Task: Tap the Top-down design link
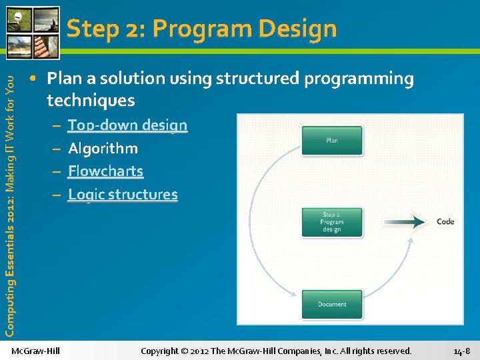pos(127,125)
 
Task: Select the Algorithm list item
pos(103,149)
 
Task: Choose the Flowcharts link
pos(105,171)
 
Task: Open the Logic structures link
pos(123,195)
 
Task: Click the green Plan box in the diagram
pos(332,141)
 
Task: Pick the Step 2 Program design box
pos(332,222)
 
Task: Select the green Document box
pos(332,304)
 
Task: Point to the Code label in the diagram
pos(445,221)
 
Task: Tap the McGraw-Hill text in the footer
pos(36,351)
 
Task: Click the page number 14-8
pos(461,351)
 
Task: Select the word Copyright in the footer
pos(159,351)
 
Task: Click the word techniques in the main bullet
pos(91,101)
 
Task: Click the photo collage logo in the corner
pos(31,31)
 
